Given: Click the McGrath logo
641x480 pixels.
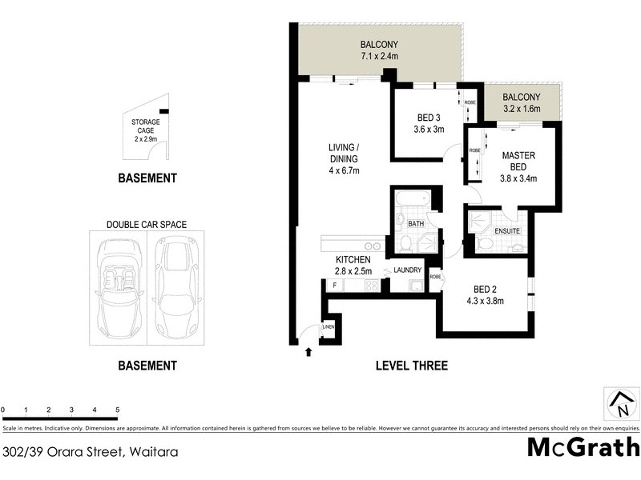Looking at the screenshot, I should point(583,446).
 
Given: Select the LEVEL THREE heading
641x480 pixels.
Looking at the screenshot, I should point(412,366).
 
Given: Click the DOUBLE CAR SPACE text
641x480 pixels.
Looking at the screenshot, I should point(147,225).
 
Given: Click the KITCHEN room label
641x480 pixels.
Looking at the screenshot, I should point(353,260).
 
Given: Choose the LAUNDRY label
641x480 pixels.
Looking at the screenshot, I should point(407,270).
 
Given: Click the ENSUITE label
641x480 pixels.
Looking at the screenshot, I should point(507,231).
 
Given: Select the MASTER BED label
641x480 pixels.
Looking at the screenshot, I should point(518,161).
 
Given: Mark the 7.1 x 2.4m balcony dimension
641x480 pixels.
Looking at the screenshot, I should point(379,56).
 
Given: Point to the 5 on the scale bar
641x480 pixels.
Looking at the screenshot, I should point(118,410).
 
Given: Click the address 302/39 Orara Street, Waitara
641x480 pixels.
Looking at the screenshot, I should point(90,451).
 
